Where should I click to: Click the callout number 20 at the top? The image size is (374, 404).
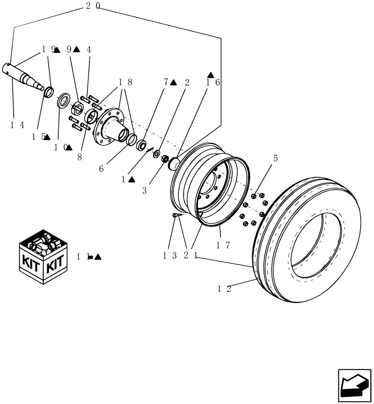pyautogui.click(x=93, y=6)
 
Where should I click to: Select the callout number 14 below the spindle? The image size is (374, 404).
pyautogui.click(x=17, y=125)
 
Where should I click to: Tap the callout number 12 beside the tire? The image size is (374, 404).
pyautogui.click(x=224, y=289)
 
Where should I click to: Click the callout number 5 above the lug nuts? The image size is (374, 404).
pyautogui.click(x=275, y=158)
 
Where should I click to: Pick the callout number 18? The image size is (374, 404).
pyautogui.click(x=125, y=82)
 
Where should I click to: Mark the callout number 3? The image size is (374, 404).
pyautogui.click(x=144, y=190)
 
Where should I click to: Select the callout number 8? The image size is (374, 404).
pyautogui.click(x=79, y=157)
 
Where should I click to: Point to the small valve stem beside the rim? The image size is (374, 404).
pyautogui.click(x=176, y=216)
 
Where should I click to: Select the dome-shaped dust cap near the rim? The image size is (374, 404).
pyautogui.click(x=174, y=164)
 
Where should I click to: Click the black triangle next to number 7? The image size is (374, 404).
pyautogui.click(x=174, y=83)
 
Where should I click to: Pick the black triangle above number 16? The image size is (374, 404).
pyautogui.click(x=210, y=75)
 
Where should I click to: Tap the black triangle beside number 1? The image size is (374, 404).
pyautogui.click(x=131, y=180)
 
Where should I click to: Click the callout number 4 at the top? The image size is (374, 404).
pyautogui.click(x=89, y=50)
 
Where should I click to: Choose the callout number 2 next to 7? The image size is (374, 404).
pyautogui.click(x=187, y=83)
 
